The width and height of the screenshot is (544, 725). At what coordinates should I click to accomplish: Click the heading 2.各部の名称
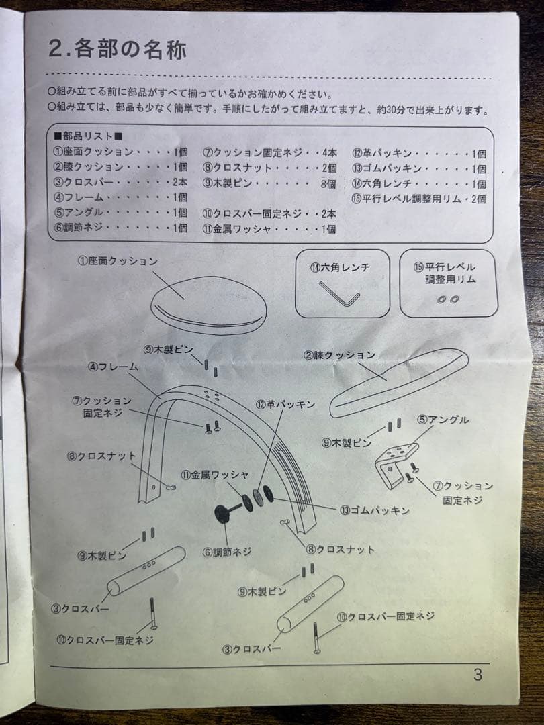point(117,50)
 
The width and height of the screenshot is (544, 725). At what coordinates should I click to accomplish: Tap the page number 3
point(478,675)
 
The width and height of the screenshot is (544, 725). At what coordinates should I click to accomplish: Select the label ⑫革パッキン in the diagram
point(285,404)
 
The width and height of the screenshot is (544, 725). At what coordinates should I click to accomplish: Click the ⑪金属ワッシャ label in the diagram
point(206,475)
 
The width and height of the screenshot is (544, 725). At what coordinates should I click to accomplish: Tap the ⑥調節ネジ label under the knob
point(227,552)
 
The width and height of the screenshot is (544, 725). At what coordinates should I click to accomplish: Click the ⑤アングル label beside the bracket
point(443,420)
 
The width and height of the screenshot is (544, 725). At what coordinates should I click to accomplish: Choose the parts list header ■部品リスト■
point(87,137)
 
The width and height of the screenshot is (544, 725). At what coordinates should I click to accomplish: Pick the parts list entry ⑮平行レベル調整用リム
point(418,198)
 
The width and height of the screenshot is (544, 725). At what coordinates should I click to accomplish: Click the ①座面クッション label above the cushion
point(117,261)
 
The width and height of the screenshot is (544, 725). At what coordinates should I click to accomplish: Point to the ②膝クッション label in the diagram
point(339,354)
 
